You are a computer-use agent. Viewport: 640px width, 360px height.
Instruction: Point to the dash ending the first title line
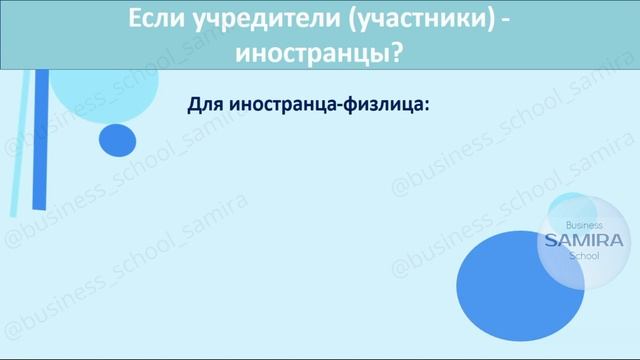(505, 21)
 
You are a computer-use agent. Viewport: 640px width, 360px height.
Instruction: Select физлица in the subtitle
(388, 105)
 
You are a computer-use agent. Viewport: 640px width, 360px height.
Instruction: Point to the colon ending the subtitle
(426, 106)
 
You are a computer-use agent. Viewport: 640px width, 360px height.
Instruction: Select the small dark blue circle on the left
(118, 139)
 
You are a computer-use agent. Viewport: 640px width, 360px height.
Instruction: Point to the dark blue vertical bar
(40, 140)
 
